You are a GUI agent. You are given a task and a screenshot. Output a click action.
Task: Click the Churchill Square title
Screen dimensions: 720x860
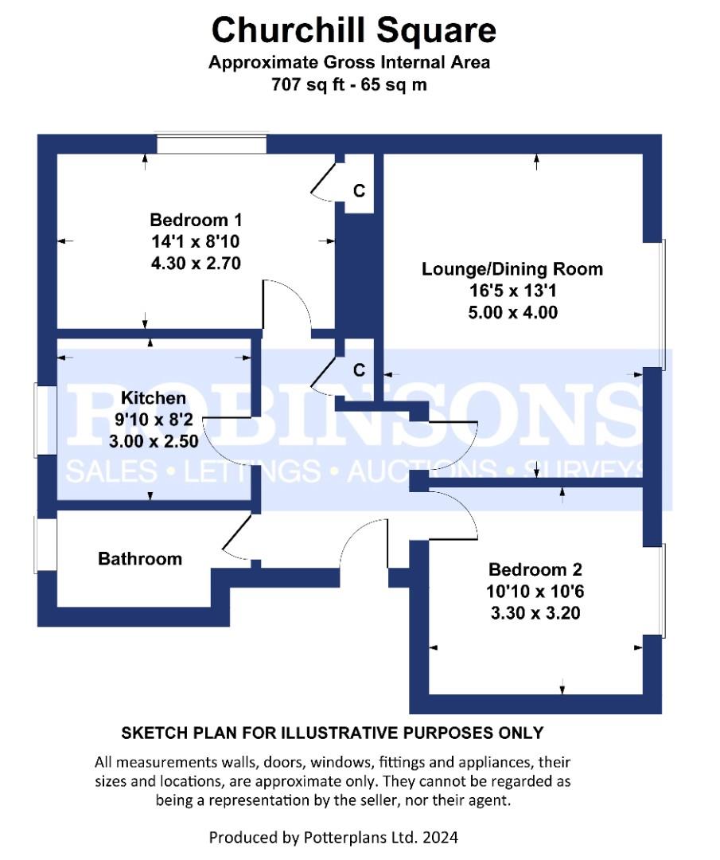pos(353,30)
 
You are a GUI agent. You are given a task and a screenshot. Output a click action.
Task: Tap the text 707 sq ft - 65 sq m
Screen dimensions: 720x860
pos(349,85)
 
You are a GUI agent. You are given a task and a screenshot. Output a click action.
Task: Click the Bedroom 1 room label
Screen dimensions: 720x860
pos(196,220)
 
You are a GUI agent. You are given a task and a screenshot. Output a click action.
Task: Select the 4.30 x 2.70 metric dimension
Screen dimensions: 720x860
pos(196,264)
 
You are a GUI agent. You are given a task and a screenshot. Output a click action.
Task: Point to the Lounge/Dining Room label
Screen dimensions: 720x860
pos(512,269)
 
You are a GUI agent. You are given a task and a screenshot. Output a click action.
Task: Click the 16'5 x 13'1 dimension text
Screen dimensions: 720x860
pos(512,291)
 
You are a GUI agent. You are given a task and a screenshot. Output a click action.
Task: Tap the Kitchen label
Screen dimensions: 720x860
pos(154,397)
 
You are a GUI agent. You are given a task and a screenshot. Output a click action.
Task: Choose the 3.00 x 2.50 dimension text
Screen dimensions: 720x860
pos(154,441)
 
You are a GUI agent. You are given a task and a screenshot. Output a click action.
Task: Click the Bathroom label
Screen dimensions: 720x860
pos(140,559)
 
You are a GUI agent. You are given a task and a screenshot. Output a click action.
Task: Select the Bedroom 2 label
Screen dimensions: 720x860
pos(535,570)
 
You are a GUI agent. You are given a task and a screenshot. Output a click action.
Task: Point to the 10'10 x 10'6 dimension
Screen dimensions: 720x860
pos(535,591)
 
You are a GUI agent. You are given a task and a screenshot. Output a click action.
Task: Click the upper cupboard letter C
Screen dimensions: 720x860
pos(359,191)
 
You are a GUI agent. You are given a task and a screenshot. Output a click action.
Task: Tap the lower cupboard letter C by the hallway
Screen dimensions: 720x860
pos(359,371)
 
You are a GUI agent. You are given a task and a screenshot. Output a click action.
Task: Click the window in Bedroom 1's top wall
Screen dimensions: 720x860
pos(212,143)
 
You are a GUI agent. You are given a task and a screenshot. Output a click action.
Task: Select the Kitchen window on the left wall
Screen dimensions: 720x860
pos(45,420)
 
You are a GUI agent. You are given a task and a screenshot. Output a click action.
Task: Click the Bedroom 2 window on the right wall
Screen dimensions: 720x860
pos(653,591)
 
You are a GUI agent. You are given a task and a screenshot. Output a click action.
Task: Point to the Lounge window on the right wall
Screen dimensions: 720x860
pos(653,304)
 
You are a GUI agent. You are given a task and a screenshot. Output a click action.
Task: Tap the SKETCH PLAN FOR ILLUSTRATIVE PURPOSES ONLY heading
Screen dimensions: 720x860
pos(332,733)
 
